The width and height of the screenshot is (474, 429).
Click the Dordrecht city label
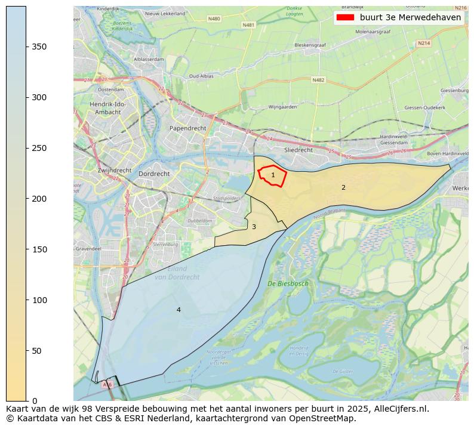(x=153, y=174)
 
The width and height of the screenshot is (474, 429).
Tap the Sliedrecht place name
(x=298, y=150)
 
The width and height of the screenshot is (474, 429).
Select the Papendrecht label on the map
(x=187, y=128)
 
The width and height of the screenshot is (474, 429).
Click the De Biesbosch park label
(x=288, y=283)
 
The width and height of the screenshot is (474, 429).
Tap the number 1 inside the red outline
(x=273, y=175)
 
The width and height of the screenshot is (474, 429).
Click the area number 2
(x=343, y=187)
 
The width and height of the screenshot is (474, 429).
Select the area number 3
(x=254, y=227)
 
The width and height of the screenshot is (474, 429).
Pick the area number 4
(x=178, y=310)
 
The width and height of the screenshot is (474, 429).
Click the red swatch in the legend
(x=346, y=18)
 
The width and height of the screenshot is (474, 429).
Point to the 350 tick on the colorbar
(x=39, y=47)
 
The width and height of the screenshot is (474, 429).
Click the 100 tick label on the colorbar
(x=39, y=300)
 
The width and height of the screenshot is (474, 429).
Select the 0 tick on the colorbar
(x=35, y=401)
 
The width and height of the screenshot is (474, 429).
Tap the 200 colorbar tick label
(x=39, y=199)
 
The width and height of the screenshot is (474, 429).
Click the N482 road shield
(x=318, y=79)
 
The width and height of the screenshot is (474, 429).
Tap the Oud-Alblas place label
(x=202, y=76)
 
